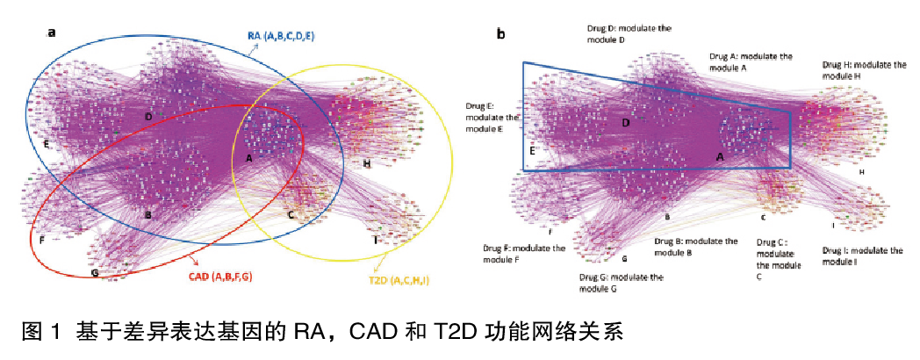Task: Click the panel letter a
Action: pos(52,33)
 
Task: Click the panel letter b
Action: pos(501,34)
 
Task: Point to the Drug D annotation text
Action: pos(629,34)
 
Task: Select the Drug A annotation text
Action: pos(751,61)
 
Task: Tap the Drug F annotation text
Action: pos(523,255)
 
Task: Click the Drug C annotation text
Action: pos(778,259)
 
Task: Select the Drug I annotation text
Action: pos(862,256)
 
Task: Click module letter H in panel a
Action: pos(366,163)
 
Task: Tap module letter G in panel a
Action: pos(94,272)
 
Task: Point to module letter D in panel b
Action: pos(626,123)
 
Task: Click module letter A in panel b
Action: pos(720,156)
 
